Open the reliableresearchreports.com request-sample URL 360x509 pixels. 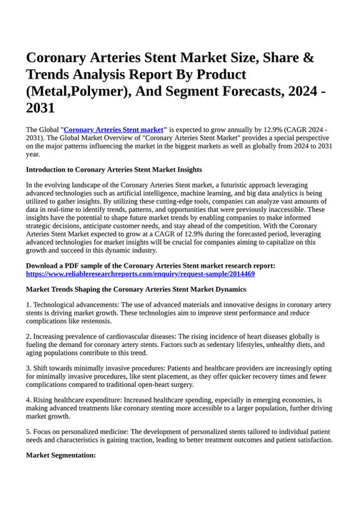click(x=140, y=273)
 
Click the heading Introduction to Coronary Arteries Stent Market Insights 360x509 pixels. click(x=114, y=169)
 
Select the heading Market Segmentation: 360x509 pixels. click(x=60, y=455)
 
